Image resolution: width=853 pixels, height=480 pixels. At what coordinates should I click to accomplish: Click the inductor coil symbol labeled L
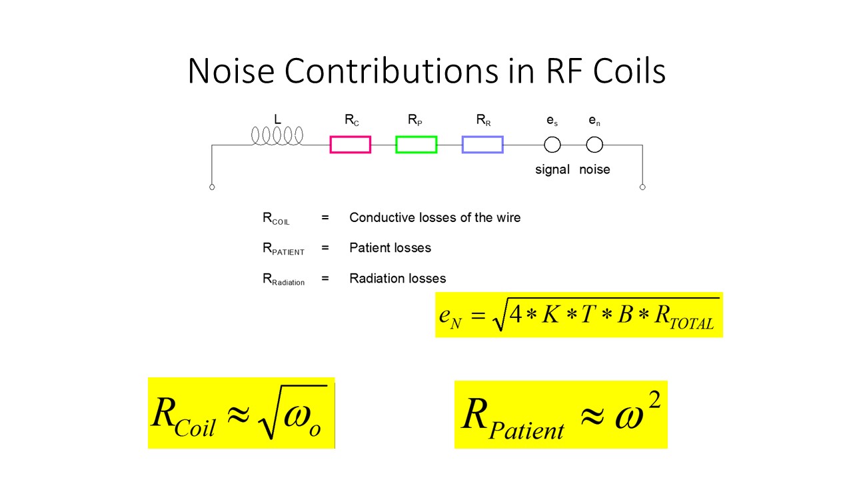coord(277,135)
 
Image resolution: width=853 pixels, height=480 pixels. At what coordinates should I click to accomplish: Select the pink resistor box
coord(350,145)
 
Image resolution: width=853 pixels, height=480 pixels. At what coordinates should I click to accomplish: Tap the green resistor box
coord(416,145)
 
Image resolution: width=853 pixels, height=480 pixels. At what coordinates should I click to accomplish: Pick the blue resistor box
coord(482,145)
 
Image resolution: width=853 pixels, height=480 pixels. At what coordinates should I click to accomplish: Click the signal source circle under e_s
coord(552,145)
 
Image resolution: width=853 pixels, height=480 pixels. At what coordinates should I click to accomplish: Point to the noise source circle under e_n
coord(594,145)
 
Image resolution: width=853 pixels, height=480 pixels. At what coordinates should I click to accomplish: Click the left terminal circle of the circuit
coord(212,187)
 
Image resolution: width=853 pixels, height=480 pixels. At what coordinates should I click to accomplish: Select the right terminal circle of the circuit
coord(642,187)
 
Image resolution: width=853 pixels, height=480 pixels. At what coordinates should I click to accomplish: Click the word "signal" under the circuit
coord(552,169)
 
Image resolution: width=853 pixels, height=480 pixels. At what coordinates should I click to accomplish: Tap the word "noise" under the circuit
coord(594,169)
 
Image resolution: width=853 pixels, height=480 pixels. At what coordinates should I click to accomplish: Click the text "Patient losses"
coord(390,248)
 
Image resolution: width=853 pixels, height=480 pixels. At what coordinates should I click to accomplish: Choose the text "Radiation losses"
coord(397,278)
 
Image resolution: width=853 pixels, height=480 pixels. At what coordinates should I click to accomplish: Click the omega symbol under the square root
coord(297,417)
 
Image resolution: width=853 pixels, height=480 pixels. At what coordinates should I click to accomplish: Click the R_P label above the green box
coord(415,121)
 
